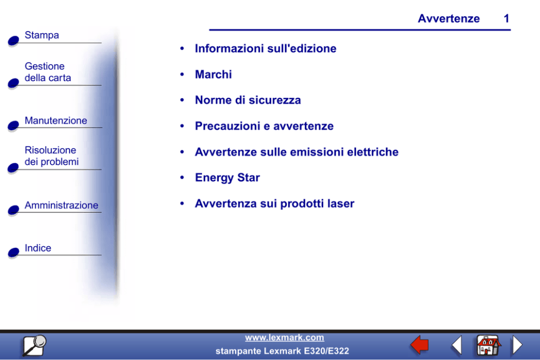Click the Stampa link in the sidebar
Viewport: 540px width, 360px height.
pyautogui.click(x=42, y=35)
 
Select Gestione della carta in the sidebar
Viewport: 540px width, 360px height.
pyautogui.click(x=47, y=72)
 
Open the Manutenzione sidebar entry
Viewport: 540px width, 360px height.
pyautogui.click(x=56, y=120)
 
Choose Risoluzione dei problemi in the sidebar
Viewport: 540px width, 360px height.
pyautogui.click(x=52, y=156)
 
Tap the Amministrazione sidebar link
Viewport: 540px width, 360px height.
pyautogui.click(x=62, y=205)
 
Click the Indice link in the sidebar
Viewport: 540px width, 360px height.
pyautogui.click(x=38, y=248)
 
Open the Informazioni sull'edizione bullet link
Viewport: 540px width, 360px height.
pyautogui.click(x=266, y=48)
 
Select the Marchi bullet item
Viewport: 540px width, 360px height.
pyautogui.click(x=213, y=75)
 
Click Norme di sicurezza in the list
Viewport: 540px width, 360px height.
pyautogui.click(x=248, y=100)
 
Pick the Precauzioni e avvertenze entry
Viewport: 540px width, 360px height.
pyautogui.click(x=264, y=126)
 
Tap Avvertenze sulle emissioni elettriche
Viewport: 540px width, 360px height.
pyautogui.click(x=297, y=152)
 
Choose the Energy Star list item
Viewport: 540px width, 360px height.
pyautogui.click(x=228, y=178)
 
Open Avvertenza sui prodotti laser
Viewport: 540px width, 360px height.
pyautogui.click(x=274, y=204)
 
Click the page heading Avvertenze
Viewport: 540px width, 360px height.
pyautogui.click(x=449, y=19)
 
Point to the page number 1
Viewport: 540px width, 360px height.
pyautogui.click(x=506, y=19)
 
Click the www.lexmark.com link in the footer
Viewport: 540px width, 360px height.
pyautogui.click(x=285, y=338)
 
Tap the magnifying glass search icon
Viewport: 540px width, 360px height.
pyautogui.click(x=34, y=345)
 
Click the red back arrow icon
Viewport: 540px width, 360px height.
pyautogui.click(x=420, y=345)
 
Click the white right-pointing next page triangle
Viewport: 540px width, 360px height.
pyautogui.click(x=517, y=345)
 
